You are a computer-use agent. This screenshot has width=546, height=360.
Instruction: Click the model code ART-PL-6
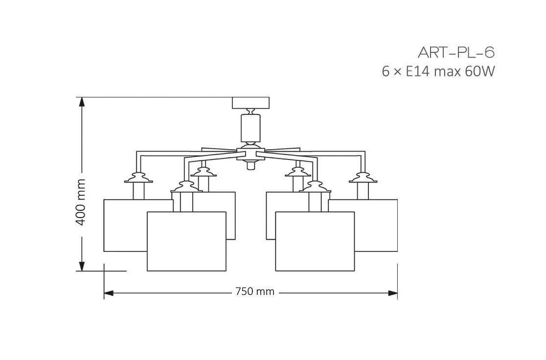[x=453, y=52]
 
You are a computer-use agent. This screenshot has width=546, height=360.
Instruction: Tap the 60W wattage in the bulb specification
[x=481, y=72]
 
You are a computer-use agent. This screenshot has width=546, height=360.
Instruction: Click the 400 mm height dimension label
[x=81, y=202]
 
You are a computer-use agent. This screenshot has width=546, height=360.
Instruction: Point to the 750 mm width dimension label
[x=254, y=292]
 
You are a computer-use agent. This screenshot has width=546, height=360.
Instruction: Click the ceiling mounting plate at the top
[x=250, y=103]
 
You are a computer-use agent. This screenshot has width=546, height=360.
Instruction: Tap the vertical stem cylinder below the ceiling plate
[x=250, y=127]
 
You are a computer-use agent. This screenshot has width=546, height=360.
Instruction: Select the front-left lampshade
[x=186, y=241]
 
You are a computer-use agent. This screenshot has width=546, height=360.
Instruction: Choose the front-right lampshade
[x=315, y=241]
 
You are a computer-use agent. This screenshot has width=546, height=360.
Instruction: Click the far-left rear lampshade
[x=125, y=225]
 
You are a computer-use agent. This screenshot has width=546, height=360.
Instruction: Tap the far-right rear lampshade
[x=377, y=225]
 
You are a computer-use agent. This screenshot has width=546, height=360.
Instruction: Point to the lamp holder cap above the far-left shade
[x=138, y=177]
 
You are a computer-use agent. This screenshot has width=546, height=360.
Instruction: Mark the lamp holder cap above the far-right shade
[x=363, y=177]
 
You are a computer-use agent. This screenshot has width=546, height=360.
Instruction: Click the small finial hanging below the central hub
[x=250, y=166]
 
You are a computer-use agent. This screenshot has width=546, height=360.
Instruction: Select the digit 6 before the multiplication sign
[x=386, y=72]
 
